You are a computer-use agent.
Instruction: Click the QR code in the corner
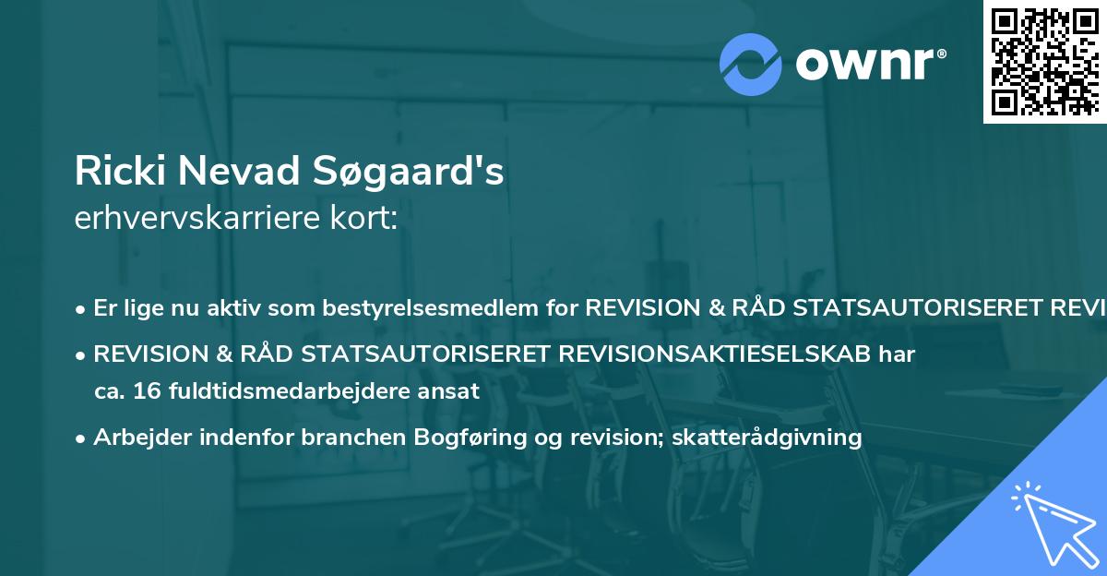coord(1043,61)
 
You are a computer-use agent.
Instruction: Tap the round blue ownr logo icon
coord(751,65)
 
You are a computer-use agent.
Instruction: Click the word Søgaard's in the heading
coord(412,172)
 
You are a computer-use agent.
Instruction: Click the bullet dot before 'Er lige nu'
coord(82,309)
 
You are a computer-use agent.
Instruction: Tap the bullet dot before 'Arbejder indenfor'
coord(82,438)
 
